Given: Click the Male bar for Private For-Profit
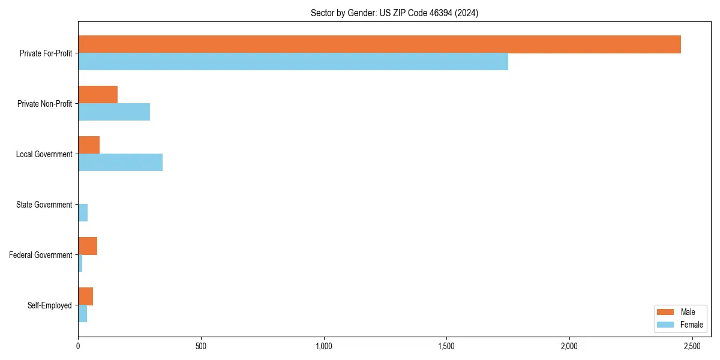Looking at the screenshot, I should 379,44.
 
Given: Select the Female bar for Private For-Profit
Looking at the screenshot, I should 293,62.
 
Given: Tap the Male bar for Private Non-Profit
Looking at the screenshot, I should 98,95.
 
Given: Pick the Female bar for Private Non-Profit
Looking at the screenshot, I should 114,112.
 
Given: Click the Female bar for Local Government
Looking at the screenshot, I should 120,163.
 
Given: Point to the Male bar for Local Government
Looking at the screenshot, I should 89,145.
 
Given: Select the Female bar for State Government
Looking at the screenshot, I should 83,213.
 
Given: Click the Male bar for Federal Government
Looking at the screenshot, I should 88,246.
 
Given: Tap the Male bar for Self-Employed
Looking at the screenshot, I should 85,296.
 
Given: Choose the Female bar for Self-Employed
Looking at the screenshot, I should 82,314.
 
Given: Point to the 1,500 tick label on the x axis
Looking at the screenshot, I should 446,346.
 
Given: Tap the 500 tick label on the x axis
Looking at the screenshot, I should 201,346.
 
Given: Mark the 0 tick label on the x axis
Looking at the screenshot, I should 78,346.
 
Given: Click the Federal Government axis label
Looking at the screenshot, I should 41,255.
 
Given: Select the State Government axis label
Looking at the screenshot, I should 44,205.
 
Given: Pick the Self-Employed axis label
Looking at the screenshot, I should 49,305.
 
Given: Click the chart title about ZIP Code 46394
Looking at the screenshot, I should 394,13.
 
